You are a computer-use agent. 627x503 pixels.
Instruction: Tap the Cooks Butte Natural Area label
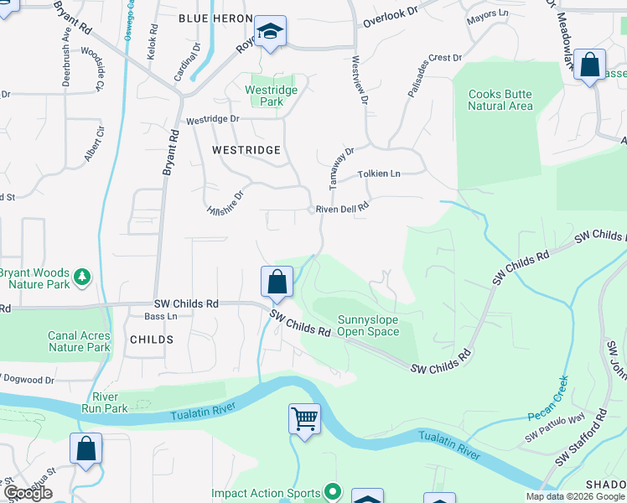[x=500, y=100]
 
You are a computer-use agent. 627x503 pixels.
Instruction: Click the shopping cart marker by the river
[x=304, y=417]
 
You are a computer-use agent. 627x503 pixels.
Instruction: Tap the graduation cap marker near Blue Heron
[x=270, y=32]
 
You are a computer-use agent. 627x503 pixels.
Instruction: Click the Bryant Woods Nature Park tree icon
[x=82, y=276]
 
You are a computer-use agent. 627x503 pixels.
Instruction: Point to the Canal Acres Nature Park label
[x=79, y=341]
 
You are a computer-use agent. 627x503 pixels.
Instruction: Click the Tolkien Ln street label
[x=380, y=174]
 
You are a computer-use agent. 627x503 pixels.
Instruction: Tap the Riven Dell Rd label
[x=342, y=209]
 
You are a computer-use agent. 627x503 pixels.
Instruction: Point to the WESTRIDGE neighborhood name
[x=246, y=149]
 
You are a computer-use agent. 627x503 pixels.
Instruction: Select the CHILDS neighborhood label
[x=152, y=340]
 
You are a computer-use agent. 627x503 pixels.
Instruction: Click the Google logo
[x=28, y=493]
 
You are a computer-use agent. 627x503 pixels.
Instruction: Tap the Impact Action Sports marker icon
[x=333, y=492]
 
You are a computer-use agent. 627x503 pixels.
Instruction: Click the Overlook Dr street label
[x=390, y=14]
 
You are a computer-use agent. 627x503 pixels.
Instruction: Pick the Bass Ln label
[x=161, y=316]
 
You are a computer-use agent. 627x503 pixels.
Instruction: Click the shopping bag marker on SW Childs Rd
[x=277, y=282]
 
